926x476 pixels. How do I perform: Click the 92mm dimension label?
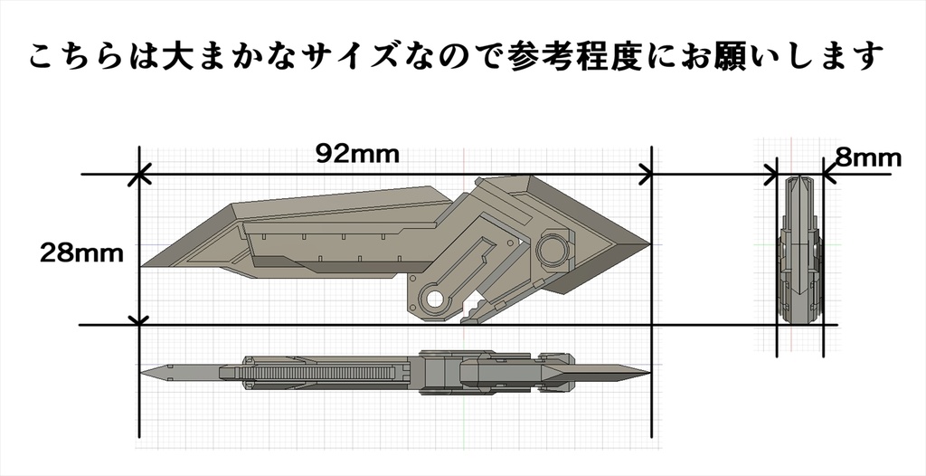[x=357, y=153]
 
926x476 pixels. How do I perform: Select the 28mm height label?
[x=80, y=253]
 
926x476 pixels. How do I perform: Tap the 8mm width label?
[x=868, y=158]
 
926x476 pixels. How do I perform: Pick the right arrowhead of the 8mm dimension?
[x=823, y=174]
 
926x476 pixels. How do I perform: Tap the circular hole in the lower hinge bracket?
[x=434, y=300]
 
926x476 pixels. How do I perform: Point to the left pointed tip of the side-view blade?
[x=142, y=265]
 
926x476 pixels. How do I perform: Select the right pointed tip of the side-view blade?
[x=649, y=243]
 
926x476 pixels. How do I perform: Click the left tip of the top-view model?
[x=143, y=371]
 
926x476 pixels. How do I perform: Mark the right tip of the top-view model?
[x=648, y=372]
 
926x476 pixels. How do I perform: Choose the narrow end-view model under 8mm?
[x=800, y=249]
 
